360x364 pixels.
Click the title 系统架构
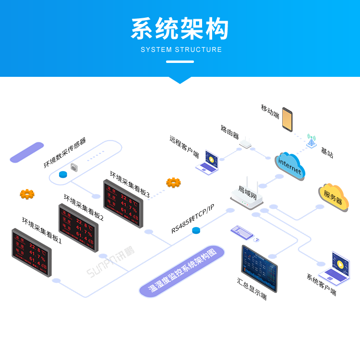click(x=180, y=30)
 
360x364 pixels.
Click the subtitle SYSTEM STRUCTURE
click(x=181, y=49)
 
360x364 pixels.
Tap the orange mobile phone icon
click(x=287, y=119)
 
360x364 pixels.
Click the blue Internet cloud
click(x=290, y=166)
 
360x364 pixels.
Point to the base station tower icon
click(x=312, y=141)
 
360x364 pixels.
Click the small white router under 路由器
click(x=245, y=143)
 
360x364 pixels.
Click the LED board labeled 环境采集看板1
click(x=32, y=252)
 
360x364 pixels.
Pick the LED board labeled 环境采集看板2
click(x=78, y=228)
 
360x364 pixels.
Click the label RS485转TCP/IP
click(x=192, y=219)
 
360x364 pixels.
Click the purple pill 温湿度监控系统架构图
click(x=182, y=271)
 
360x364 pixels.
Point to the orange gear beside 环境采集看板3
click(x=173, y=182)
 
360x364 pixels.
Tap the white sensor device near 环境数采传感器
click(x=74, y=167)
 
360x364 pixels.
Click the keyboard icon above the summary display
click(x=241, y=232)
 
